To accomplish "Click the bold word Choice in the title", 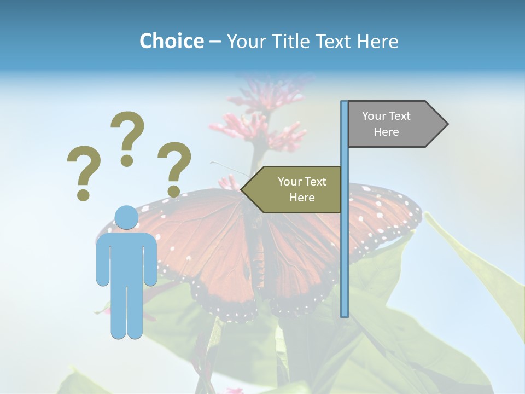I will coord(171,41).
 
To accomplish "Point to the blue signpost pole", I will coord(345,246).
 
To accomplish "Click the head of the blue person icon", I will coord(126,217).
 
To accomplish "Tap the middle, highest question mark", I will coord(127,137).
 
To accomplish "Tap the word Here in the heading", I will coord(377,41).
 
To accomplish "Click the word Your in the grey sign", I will coord(374,116).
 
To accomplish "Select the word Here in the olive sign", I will coord(302,198).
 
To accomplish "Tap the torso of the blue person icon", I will coord(126,257).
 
